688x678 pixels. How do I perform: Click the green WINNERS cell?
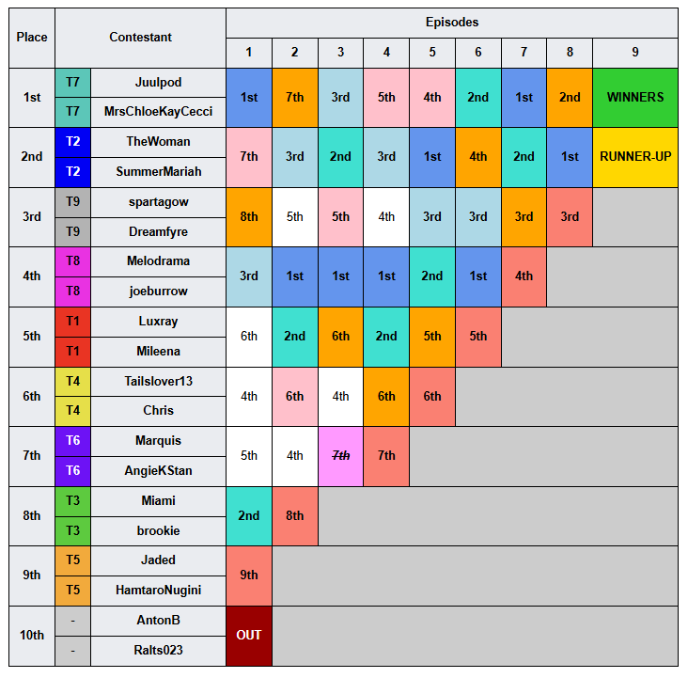(635, 98)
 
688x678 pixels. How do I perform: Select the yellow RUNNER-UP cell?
(635, 157)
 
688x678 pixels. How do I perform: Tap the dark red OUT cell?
(249, 636)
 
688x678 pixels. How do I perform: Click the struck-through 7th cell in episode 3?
(340, 456)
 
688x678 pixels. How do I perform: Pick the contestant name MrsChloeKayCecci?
(158, 112)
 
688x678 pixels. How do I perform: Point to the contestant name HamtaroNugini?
(158, 590)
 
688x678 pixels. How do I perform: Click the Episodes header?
(452, 23)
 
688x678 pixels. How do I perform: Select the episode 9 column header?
(635, 53)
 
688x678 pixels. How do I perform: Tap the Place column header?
(32, 38)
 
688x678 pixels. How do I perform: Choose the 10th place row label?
(32, 636)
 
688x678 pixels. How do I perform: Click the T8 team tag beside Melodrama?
(72, 261)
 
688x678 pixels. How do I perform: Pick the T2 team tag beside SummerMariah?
(72, 171)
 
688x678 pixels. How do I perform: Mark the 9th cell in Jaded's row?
(249, 576)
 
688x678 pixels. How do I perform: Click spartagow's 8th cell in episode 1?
(249, 217)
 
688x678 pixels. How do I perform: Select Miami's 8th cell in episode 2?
(295, 515)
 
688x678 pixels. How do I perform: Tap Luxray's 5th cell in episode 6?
(478, 337)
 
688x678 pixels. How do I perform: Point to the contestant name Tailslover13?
(158, 381)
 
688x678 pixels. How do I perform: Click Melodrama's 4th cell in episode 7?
(524, 276)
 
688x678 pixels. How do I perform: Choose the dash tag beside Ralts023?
(72, 651)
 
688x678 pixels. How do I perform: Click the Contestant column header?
(140, 38)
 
